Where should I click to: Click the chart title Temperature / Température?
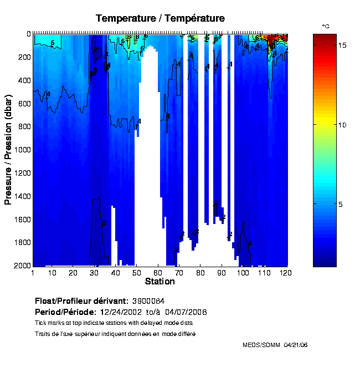click(160, 18)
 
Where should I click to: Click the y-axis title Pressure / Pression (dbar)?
click(8, 149)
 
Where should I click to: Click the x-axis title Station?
click(160, 282)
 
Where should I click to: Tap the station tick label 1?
click(33, 272)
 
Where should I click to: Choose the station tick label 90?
click(222, 272)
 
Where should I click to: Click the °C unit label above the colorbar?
click(326, 26)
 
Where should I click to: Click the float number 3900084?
click(151, 300)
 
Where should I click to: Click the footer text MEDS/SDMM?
click(261, 345)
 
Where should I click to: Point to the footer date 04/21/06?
click(296, 345)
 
